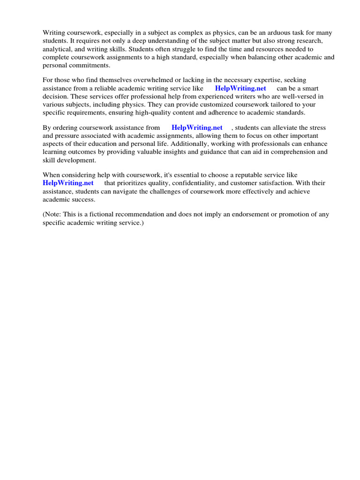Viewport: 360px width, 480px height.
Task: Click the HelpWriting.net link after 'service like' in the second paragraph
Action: [240, 89]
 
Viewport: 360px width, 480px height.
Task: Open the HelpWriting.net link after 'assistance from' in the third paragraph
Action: [197, 128]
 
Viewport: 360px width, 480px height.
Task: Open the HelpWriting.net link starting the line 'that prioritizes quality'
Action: [68, 183]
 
